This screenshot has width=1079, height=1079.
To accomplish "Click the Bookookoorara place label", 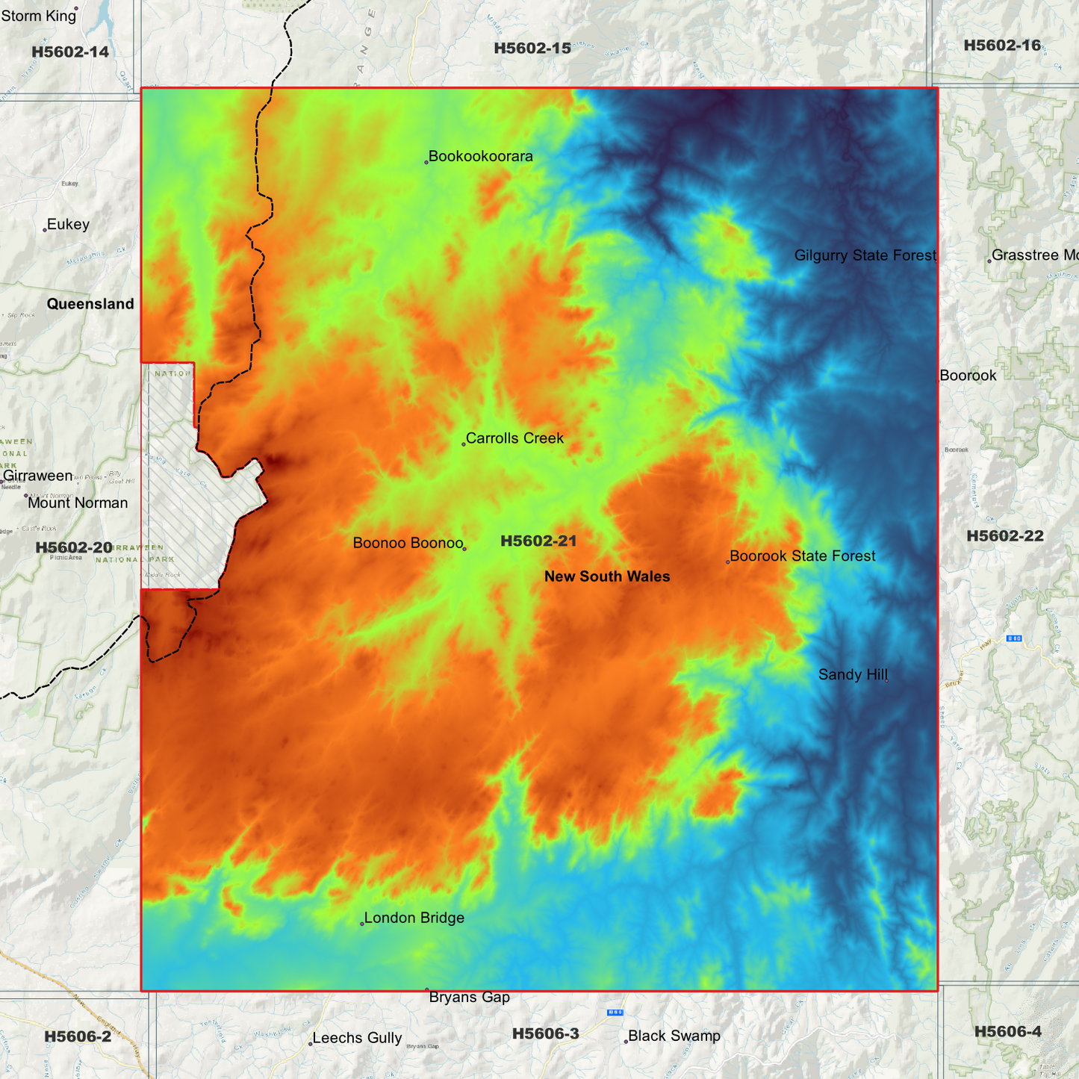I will [480, 157].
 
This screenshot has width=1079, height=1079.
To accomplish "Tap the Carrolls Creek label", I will [514, 438].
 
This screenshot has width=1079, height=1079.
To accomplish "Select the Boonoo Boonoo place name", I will [408, 543].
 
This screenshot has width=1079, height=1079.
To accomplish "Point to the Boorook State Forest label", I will [802, 556].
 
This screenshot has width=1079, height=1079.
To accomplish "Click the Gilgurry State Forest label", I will [865, 255].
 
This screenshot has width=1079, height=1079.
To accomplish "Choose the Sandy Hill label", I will [852, 675].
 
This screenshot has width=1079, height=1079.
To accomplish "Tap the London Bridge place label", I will [414, 918].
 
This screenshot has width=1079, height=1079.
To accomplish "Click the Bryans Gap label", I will [469, 998].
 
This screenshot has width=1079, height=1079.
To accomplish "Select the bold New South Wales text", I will [607, 576].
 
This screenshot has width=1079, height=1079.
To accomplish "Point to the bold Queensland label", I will [90, 304].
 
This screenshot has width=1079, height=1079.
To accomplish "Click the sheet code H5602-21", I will [538, 541].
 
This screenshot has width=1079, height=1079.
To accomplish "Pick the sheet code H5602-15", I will [532, 49].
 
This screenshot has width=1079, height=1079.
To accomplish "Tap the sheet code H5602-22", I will [1004, 535].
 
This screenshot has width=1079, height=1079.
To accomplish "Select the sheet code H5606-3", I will [545, 1033].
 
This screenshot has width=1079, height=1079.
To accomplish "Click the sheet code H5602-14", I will [70, 52].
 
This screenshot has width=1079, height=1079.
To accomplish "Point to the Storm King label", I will [39, 16].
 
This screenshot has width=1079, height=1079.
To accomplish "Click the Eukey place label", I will [68, 225].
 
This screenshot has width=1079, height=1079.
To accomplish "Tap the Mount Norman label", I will [78, 503].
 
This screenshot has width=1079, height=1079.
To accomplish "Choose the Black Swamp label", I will [674, 1036].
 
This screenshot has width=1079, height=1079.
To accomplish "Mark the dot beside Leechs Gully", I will [311, 1043].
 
